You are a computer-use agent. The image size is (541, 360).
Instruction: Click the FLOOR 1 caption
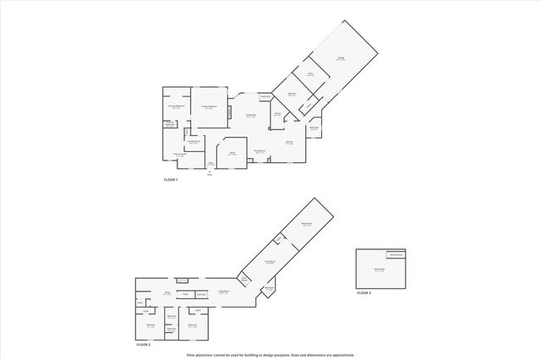pos(170,180)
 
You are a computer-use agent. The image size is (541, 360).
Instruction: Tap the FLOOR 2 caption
pos(143,345)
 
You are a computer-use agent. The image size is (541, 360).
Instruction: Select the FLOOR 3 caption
pos(363,292)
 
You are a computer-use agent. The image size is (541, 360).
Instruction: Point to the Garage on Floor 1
pos(340,58)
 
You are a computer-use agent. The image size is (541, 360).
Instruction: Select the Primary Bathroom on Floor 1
pos(176,107)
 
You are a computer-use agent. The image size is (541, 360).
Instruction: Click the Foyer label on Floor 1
pos(209,162)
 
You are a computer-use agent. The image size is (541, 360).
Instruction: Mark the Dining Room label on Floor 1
pos(260,151)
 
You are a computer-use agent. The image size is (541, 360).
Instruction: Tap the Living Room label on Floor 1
pos(251,116)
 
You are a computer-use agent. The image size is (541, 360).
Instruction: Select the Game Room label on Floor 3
pos(380,269)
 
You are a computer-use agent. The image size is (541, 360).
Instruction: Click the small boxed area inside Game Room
pos(396,254)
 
